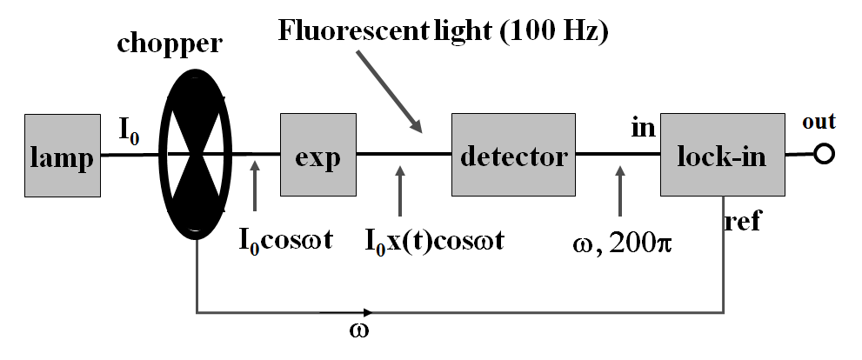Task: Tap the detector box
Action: click(512, 157)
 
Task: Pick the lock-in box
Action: click(721, 157)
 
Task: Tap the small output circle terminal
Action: click(825, 155)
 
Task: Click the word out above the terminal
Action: click(819, 124)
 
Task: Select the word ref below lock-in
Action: click(743, 223)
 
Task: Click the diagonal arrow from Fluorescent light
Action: click(391, 92)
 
